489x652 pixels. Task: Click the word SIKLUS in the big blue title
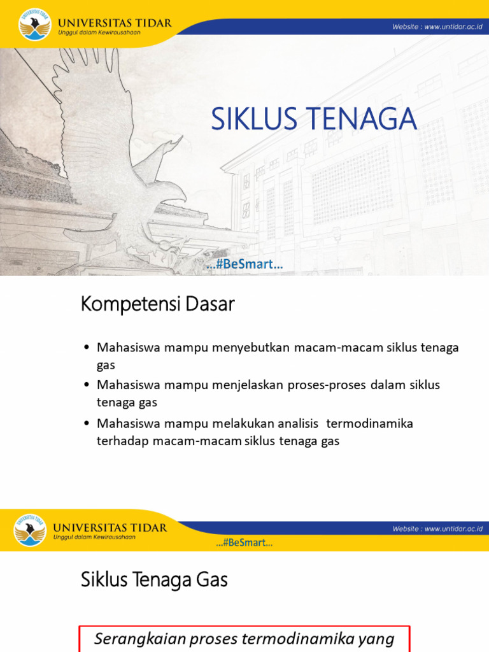click(252, 119)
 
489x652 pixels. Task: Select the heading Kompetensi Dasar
click(158, 305)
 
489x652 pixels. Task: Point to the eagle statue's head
click(171, 191)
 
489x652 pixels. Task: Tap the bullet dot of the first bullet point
click(87, 348)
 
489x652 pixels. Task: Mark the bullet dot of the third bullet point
click(87, 423)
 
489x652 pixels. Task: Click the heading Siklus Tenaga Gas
click(154, 580)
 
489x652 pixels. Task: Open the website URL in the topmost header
click(436, 27)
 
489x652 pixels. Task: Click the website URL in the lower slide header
click(437, 529)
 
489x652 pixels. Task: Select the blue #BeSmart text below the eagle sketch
click(244, 265)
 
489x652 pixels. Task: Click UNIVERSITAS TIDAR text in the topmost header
click(113, 23)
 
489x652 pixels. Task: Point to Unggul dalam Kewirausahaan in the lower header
click(94, 537)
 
